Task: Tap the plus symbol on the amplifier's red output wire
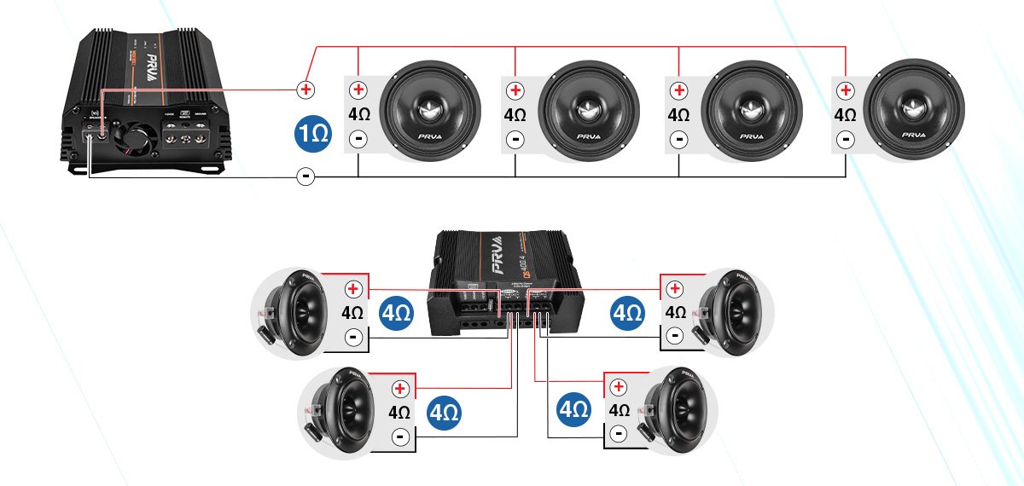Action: (305, 88)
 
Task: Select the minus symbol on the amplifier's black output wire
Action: (305, 176)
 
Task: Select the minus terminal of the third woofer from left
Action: (678, 138)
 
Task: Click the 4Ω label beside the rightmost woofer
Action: (845, 114)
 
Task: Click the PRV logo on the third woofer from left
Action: (752, 136)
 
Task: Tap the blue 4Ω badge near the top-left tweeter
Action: (395, 313)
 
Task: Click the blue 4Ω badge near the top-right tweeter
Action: (627, 313)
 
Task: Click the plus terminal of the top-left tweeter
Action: (352, 288)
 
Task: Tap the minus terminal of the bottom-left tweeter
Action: (399, 437)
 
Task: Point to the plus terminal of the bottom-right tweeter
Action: (617, 387)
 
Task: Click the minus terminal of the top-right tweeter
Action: (674, 336)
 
